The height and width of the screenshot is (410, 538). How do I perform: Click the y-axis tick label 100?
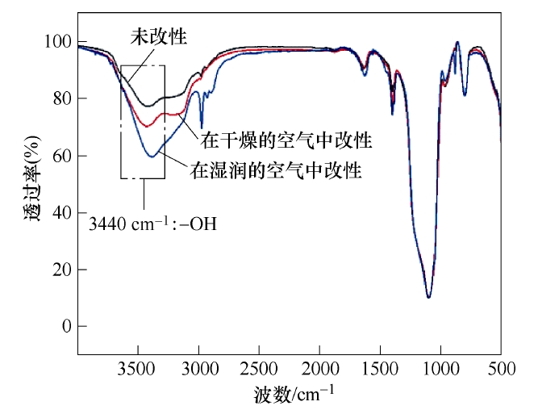(x=58, y=42)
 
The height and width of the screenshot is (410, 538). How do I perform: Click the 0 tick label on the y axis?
(x=65, y=326)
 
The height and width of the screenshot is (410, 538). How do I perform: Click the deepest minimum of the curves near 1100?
(x=428, y=297)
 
